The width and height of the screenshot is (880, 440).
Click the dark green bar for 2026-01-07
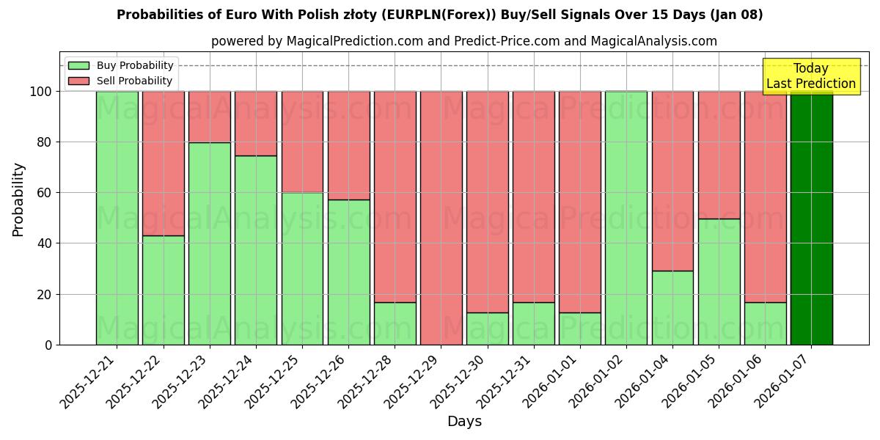click(811, 218)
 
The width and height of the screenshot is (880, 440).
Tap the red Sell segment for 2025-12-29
click(441, 218)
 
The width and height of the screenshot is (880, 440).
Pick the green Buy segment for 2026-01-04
click(672, 307)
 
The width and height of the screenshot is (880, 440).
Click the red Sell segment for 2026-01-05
click(719, 155)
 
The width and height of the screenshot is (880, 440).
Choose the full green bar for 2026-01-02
click(626, 218)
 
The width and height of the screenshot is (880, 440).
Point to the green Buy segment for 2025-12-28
click(395, 323)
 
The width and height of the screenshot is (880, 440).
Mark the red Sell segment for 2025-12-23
click(209, 117)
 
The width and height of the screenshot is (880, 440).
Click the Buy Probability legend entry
click(135, 65)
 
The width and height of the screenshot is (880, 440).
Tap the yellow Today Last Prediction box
click(810, 76)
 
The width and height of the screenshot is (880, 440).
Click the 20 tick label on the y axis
click(45, 295)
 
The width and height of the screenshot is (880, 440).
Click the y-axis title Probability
click(18, 199)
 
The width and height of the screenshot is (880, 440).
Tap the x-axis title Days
click(464, 422)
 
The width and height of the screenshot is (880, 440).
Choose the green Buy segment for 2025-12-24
click(255, 250)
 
